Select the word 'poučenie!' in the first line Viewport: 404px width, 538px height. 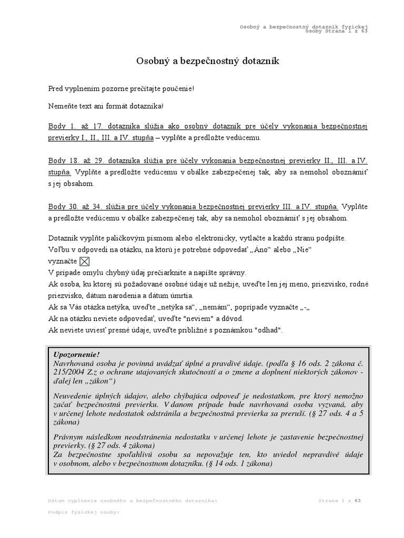178,89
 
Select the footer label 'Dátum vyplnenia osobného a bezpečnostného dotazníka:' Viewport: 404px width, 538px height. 132,501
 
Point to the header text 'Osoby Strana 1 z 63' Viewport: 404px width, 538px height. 336,30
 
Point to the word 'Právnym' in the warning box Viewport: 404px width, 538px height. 69,438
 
